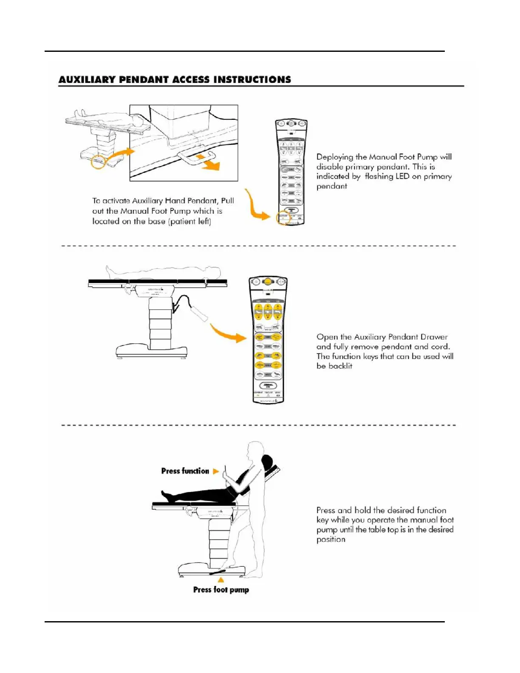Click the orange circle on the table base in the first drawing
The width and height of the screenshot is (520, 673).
(99, 162)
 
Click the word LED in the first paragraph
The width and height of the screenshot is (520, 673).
(402, 176)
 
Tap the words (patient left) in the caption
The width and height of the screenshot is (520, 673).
(189, 221)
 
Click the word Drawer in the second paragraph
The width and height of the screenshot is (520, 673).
(434, 337)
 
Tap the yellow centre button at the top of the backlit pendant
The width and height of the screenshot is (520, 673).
(268, 282)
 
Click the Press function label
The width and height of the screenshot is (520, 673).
(185, 471)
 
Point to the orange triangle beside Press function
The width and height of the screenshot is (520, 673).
(216, 471)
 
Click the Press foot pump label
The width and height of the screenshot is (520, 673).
(221, 590)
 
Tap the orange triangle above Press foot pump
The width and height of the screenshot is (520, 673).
(221, 580)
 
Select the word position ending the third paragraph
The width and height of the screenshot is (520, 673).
(331, 540)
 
